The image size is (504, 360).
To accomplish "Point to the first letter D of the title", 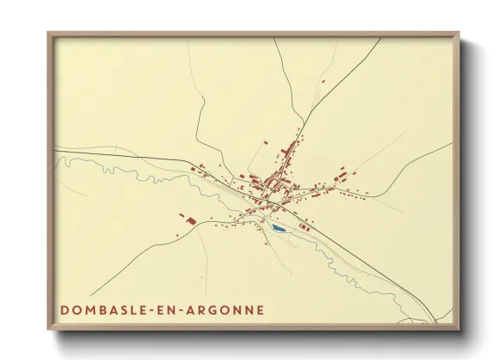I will [65, 309].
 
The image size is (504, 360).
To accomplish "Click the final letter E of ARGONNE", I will [260, 309].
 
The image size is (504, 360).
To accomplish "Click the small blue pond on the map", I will [278, 229].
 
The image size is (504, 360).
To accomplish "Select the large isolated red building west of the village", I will [189, 221].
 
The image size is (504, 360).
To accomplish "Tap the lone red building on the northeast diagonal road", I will [323, 81].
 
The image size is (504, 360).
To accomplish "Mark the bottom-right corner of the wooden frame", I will [458, 328].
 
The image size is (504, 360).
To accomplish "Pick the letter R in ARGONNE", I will [207, 309].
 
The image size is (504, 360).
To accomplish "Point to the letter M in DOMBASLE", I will [93, 309].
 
